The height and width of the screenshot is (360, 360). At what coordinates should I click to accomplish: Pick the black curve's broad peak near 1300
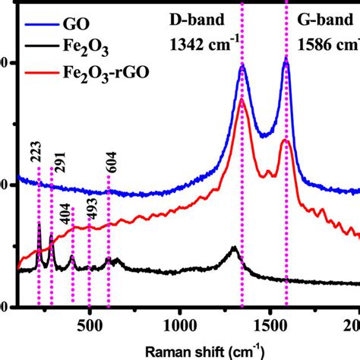coord(235,248)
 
